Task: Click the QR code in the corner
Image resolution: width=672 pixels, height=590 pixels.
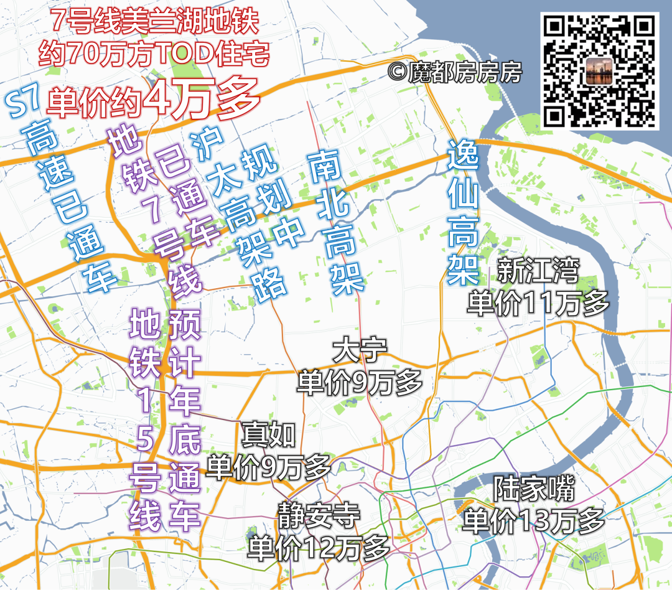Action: coord(601,70)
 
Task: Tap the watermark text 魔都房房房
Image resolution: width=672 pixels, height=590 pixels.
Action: coord(454,73)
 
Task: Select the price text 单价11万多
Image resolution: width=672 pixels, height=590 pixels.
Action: coord(538,303)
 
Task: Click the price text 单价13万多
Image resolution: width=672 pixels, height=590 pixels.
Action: coord(533,520)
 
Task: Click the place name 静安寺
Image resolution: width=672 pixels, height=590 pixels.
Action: coord(319,516)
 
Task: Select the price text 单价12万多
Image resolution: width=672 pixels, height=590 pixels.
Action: coord(319,548)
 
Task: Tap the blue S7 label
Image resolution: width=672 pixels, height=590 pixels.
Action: coord(24,101)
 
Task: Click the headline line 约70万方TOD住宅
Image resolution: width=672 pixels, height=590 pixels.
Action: coord(154,55)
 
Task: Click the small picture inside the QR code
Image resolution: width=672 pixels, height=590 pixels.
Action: coord(601,70)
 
